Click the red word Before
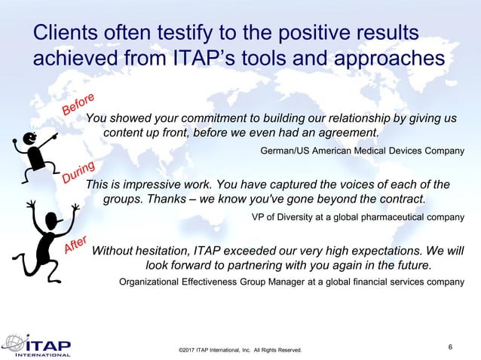coord(78,105)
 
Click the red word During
coord(78,172)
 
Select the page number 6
coord(450,346)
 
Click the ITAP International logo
coord(37,345)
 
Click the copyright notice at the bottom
coord(240,350)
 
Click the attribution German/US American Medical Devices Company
coord(362,151)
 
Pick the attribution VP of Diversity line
coord(357,217)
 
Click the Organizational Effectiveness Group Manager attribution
coord(292,282)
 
